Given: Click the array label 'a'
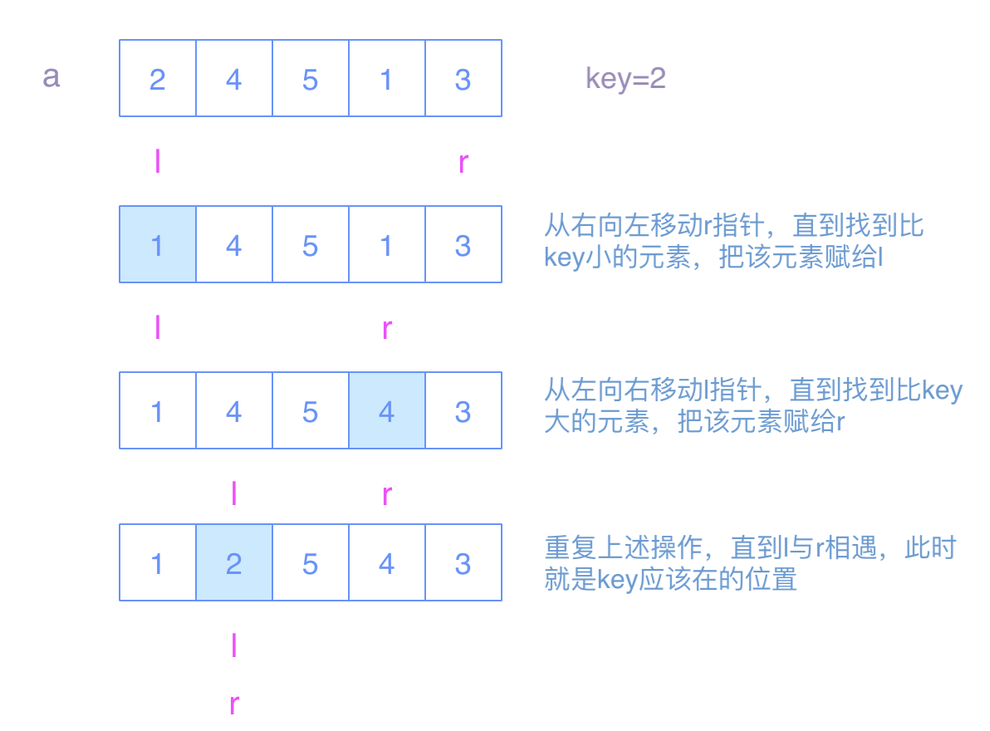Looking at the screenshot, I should [x=51, y=78].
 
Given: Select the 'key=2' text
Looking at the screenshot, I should [x=625, y=79].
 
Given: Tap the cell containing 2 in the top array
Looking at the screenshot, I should [x=158, y=79].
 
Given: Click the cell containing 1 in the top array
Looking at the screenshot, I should [x=386, y=79].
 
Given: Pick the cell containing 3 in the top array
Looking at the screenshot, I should [x=463, y=79].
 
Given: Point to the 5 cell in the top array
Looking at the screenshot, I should [x=310, y=79].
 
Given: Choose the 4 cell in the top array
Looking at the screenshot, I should [x=234, y=79].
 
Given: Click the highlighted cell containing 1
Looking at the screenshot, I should [x=158, y=245].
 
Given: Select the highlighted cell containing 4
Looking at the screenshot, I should [x=386, y=411].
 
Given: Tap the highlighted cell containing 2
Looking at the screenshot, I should [x=234, y=563].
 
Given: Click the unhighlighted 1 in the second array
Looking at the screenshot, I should [x=386, y=245].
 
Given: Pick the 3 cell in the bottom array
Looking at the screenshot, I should [x=463, y=563].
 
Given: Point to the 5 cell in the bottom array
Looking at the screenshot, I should [x=310, y=563].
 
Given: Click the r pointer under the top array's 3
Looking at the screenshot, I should [x=463, y=163].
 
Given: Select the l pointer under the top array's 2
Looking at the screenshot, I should [x=158, y=161].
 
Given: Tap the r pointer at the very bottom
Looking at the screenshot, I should [x=234, y=705].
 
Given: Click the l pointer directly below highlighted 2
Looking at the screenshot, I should [x=234, y=645].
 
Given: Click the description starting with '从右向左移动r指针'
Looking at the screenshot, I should [x=734, y=241].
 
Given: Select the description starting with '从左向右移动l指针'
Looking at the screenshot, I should [x=752, y=406].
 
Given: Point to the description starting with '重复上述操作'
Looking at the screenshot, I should [x=750, y=562].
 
